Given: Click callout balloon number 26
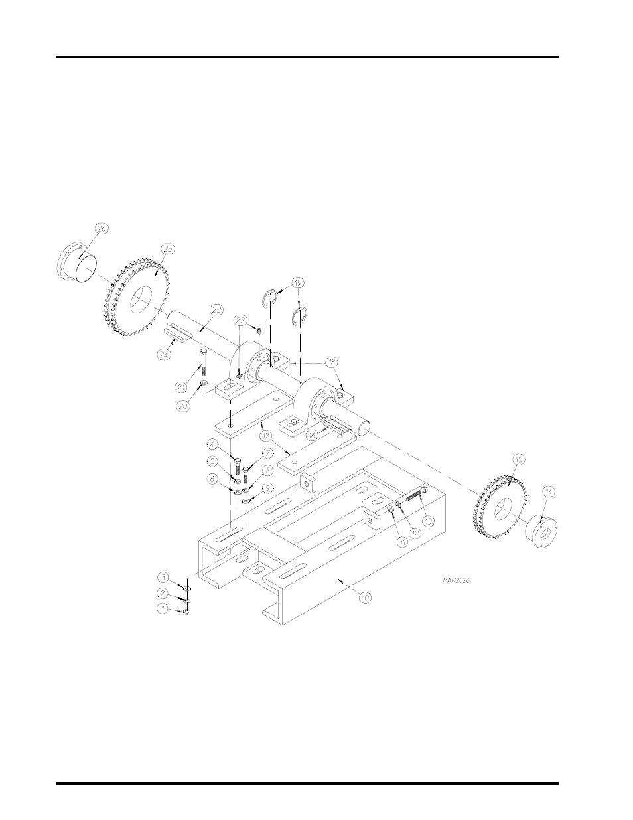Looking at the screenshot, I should coord(102,228).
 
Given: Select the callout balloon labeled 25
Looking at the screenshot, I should coord(167,248).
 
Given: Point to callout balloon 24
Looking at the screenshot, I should coord(164,355).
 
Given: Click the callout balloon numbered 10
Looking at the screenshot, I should coord(365,598).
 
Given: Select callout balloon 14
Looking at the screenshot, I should coord(548,491).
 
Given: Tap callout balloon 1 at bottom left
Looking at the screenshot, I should coord(161,608).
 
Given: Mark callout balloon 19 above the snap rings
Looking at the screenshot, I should coord(298,282).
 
